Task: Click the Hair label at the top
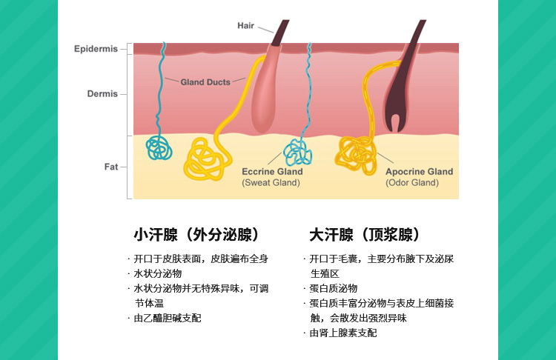click(x=245, y=26)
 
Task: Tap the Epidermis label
click(x=96, y=49)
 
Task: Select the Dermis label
click(x=102, y=94)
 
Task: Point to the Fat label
click(x=110, y=167)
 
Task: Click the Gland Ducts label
click(x=205, y=81)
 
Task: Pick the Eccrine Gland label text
click(x=272, y=172)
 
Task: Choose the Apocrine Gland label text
click(x=419, y=172)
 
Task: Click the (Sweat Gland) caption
click(x=271, y=183)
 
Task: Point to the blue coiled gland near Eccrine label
click(x=298, y=151)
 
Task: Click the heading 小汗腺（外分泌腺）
click(x=196, y=236)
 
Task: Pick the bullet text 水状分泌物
click(x=158, y=273)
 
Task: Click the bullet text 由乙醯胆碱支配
click(x=168, y=318)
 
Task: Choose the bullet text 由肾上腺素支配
click(x=343, y=333)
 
